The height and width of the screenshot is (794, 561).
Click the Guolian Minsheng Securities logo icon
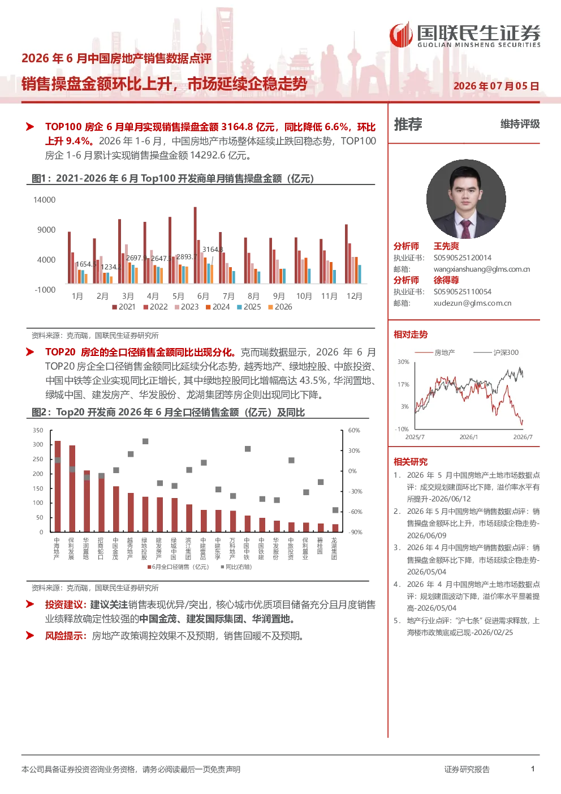point(401,35)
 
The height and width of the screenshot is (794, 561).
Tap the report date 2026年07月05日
point(496,86)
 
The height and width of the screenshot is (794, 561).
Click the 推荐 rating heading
point(408,125)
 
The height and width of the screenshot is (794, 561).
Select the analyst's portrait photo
point(466,199)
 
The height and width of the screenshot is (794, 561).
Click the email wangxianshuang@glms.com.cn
point(482,269)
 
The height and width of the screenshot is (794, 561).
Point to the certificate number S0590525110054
point(463,291)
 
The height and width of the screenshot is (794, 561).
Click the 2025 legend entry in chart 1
point(249,307)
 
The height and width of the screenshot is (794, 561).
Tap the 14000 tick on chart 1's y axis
point(44,200)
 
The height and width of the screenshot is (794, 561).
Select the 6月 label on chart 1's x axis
point(203,296)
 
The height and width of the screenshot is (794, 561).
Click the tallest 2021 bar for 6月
point(195,245)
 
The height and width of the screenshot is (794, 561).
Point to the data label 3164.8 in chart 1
point(213,250)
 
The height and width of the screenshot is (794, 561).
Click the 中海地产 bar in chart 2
point(57,486)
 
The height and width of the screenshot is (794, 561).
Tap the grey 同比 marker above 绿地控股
point(145,441)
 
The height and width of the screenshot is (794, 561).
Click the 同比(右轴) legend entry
point(236,567)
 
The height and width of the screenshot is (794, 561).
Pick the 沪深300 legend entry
point(496,353)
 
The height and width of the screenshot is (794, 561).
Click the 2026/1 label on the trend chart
point(469,437)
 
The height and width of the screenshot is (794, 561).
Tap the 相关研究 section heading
point(411,461)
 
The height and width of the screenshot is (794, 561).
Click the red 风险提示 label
point(66,636)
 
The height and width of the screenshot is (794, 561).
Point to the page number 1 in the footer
point(533,769)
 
